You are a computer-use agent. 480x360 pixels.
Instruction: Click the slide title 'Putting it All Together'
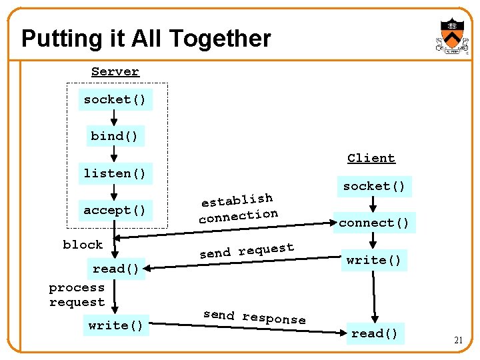coord(146,39)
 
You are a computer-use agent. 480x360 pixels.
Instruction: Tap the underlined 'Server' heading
coord(115,71)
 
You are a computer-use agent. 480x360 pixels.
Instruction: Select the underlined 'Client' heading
coord(371,158)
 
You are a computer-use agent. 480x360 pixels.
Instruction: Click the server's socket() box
coord(114,99)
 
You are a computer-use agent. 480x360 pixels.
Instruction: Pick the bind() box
coord(115,136)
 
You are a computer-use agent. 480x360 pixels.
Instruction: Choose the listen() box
coord(114,173)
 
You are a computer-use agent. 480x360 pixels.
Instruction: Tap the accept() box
coord(114,210)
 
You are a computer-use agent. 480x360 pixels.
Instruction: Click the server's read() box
coord(116,269)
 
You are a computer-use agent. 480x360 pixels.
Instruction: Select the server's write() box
coord(116,325)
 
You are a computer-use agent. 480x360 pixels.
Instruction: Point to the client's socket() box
coord(374,186)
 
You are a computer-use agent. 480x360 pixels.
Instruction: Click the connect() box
coord(374,223)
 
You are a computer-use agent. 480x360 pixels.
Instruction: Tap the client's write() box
coord(374,260)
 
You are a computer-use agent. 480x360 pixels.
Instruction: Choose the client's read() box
coord(374,333)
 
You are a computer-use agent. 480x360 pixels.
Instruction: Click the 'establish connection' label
coord(238,207)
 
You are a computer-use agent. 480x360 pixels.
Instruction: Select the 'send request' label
coord(247,251)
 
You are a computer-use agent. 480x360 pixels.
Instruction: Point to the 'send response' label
coord(254,317)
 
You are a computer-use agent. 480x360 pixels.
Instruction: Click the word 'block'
coord(83,245)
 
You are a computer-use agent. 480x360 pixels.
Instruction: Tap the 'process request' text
coord(77,295)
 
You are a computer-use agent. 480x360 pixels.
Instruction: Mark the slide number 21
coord(458,340)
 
